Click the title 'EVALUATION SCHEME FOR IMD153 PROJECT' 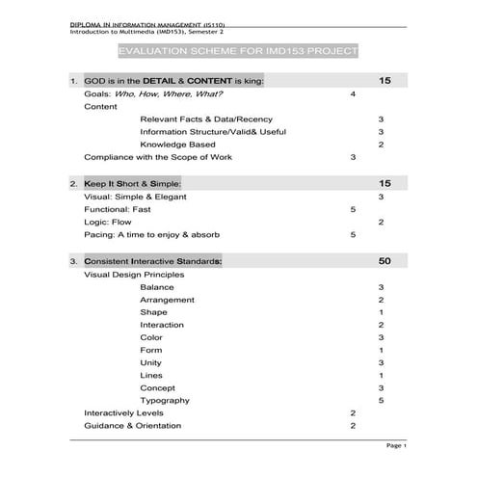click(236, 50)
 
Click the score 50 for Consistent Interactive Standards click(384, 261)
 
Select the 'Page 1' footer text click(397, 446)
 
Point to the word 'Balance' click(157, 287)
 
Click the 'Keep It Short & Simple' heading click(132, 182)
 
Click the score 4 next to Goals click(353, 94)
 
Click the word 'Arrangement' click(167, 300)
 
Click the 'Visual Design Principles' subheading click(134, 275)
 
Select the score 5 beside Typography click(382, 400)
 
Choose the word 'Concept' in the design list click(158, 387)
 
